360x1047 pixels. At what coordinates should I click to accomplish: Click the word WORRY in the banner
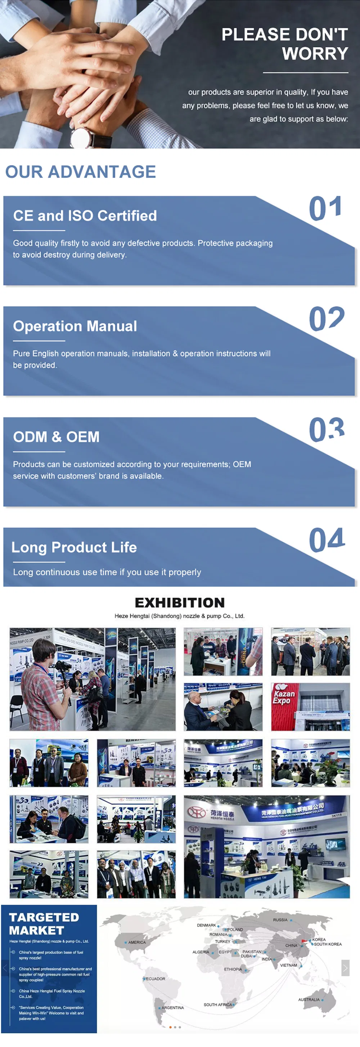pos(315,53)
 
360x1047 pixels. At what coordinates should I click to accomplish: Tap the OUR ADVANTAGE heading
pos(80,172)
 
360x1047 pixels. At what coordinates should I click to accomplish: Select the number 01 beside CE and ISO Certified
pos(325,209)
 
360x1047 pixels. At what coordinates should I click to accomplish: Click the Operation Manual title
pos(75,326)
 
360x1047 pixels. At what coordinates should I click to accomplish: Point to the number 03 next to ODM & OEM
pos(327,430)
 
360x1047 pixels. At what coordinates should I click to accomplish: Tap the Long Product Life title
pos(74,547)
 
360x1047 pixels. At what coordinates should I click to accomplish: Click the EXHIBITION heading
pos(180,603)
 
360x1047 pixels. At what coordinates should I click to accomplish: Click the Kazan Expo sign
pos(282,697)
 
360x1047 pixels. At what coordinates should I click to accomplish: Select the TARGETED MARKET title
pos(44,924)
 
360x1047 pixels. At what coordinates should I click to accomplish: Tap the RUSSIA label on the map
pos(280,919)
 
